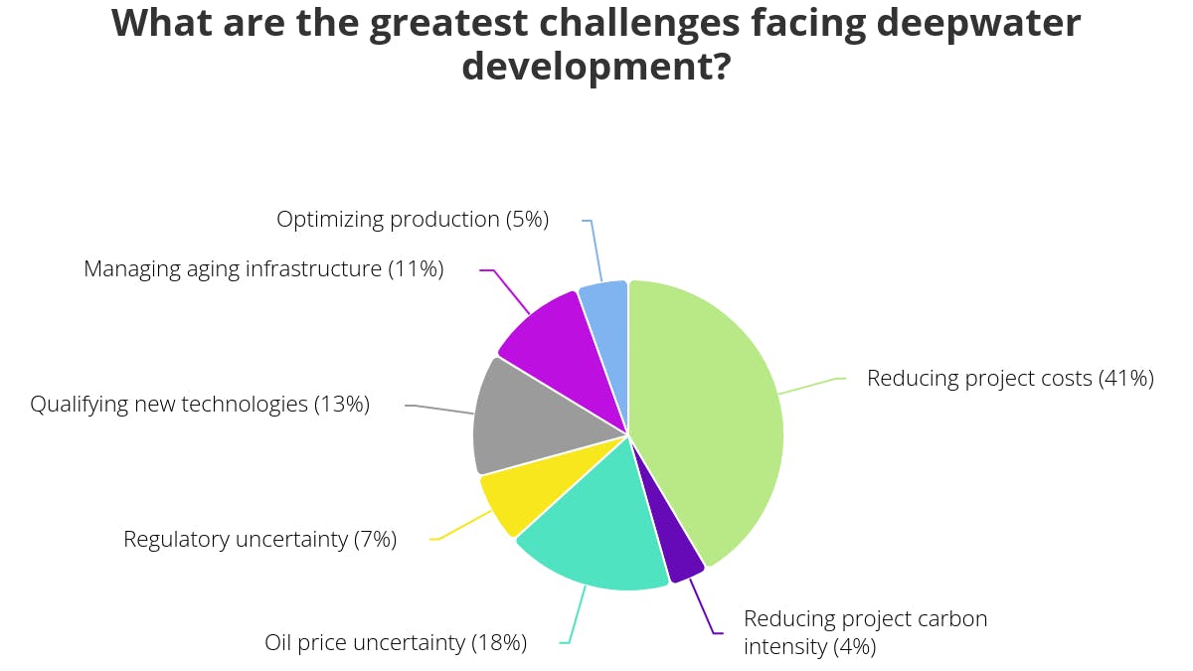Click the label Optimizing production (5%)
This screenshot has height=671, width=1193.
click(412, 220)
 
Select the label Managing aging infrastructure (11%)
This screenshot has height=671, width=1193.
click(263, 269)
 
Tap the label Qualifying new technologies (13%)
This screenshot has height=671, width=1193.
click(200, 405)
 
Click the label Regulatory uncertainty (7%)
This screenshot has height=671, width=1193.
click(259, 540)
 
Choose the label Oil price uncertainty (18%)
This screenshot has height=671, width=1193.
click(396, 643)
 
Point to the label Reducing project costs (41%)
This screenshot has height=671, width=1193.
click(1010, 379)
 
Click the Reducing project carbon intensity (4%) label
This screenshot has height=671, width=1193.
click(865, 633)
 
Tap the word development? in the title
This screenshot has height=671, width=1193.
click(596, 67)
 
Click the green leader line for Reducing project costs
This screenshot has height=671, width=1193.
click(810, 386)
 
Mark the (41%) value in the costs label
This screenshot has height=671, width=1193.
click(1125, 379)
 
